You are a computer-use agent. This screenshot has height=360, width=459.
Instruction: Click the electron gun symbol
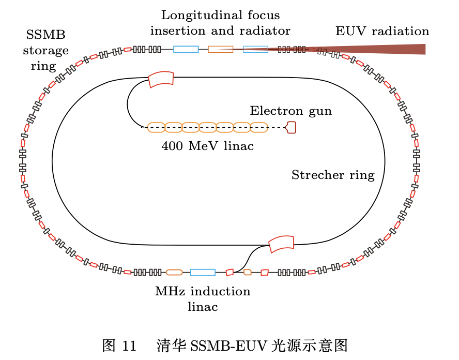(x=292, y=127)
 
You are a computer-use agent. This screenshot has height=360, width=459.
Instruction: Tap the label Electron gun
(x=290, y=111)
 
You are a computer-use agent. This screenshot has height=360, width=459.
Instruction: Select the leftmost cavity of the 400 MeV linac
(x=156, y=127)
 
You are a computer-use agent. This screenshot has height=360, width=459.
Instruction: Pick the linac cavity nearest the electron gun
(x=259, y=127)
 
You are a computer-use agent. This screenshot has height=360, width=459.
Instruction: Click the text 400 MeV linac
(x=207, y=146)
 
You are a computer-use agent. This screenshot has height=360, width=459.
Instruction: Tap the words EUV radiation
(x=382, y=31)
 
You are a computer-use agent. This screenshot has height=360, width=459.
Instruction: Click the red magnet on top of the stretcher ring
(x=161, y=80)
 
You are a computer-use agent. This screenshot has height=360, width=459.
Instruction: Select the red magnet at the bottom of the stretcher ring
(x=281, y=243)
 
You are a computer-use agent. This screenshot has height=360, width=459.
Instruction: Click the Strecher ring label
(x=333, y=175)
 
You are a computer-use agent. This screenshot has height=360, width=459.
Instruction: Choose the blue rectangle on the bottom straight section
(x=203, y=272)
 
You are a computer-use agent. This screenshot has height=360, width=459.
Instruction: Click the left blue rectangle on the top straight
(x=186, y=49)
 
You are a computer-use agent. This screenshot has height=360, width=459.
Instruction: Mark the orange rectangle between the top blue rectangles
(x=220, y=49)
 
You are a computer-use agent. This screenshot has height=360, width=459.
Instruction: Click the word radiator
(x=264, y=31)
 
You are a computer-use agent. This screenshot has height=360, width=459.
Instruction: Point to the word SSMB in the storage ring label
(x=45, y=35)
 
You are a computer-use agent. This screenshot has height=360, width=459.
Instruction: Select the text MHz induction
(x=203, y=291)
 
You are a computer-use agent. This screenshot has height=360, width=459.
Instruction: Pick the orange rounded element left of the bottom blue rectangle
(x=174, y=272)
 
